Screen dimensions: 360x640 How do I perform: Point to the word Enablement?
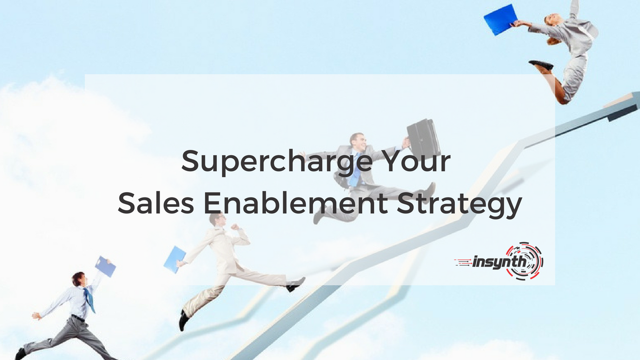pos(295,204)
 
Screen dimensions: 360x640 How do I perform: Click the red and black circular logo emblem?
pos(525,261)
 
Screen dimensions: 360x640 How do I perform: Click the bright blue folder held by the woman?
pos(500,19)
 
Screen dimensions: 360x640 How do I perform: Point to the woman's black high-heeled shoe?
pos(541,65)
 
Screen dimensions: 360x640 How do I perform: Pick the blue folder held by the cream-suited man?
pos(175,259)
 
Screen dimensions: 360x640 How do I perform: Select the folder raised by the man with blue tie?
pos(105,266)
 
